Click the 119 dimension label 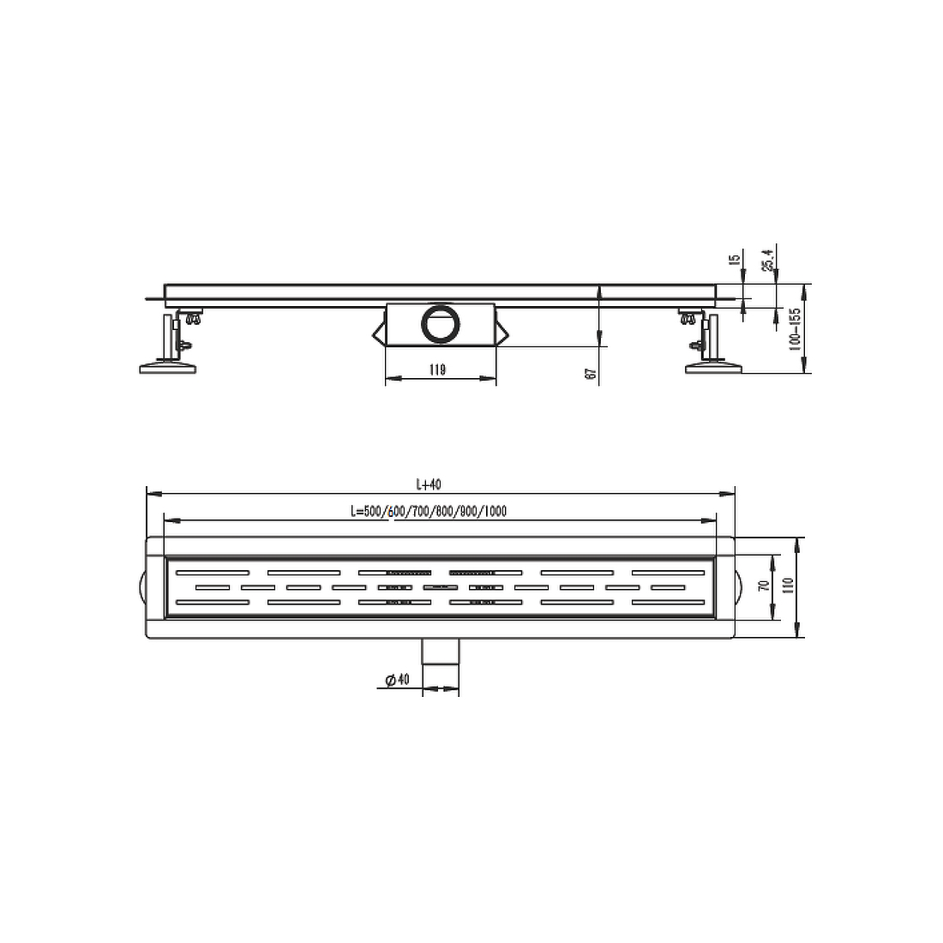tap(438, 369)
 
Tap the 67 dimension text tap(592, 374)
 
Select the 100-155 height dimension tap(795, 329)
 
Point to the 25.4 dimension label tap(767, 260)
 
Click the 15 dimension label tap(735, 259)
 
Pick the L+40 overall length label tap(429, 484)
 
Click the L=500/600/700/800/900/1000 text tap(429, 511)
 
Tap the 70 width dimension tap(765, 585)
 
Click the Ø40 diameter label tap(398, 680)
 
